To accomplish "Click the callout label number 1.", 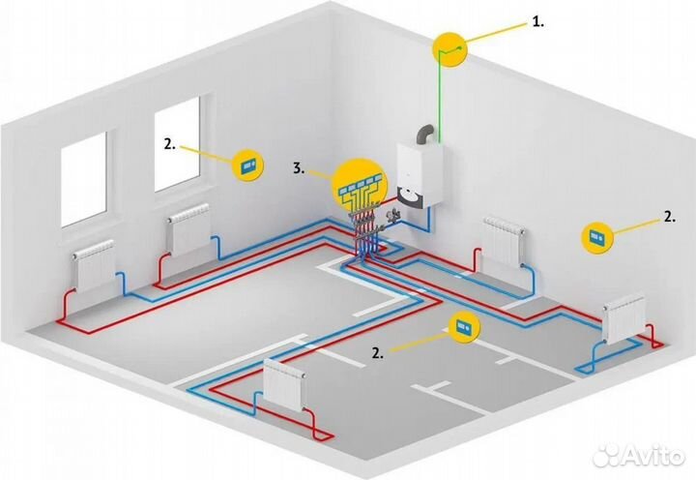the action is point(538,22).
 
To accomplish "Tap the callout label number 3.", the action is point(299,168).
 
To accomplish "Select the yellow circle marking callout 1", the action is point(450,49).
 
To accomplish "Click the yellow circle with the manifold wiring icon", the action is point(360,186).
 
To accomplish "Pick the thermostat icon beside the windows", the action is point(248,165).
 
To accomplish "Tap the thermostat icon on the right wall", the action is point(597,237).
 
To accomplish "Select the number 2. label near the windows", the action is point(170,144).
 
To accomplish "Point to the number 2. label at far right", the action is point(670,217).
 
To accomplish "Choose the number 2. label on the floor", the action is point(378,353).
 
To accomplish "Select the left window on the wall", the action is point(83,179).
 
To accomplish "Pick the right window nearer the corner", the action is point(177,144).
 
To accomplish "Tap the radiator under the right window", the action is point(188,229).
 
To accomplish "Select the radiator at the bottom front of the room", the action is point(284,384).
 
